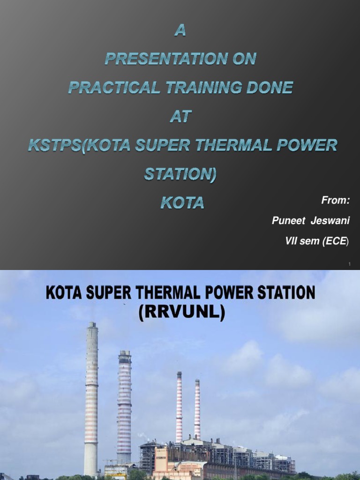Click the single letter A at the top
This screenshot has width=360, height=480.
[180, 31]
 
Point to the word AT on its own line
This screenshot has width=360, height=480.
[180, 117]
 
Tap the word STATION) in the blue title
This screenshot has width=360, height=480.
[180, 174]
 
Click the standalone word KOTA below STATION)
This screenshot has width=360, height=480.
[182, 202]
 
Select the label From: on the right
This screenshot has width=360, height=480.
[336, 201]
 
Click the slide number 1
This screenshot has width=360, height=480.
[350, 265]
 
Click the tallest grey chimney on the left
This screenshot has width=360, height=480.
[91, 398]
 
